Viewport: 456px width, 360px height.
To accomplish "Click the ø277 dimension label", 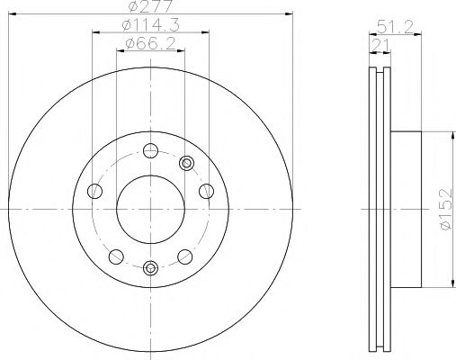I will pyautogui.click(x=150, y=8).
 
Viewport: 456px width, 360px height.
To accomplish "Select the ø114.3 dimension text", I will pyautogui.click(x=150, y=27).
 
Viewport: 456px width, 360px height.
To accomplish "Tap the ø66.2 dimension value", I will pyautogui.click(x=150, y=44).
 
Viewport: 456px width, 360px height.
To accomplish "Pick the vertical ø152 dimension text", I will pyautogui.click(x=445, y=209).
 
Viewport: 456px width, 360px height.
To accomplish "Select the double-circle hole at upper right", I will pyautogui.click(x=187, y=163).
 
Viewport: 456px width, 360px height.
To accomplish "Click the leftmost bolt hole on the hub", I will pyautogui.click(x=94, y=190).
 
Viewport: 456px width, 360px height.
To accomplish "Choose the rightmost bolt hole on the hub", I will pyautogui.click(x=207, y=190).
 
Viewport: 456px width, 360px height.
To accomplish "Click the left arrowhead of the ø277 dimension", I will pyautogui.click(x=11, y=15).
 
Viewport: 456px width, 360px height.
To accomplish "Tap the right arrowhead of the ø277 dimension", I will pyautogui.click(x=291, y=15).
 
